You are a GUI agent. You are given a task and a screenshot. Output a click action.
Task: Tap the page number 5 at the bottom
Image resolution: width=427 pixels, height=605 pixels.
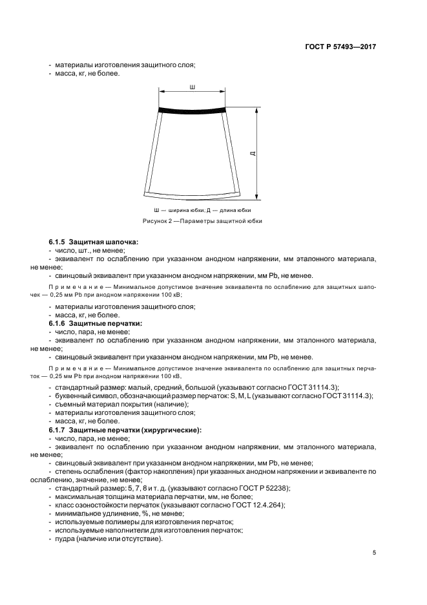coord(374,553)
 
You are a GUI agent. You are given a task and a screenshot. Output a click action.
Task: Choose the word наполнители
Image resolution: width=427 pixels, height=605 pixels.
coord(118,531)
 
